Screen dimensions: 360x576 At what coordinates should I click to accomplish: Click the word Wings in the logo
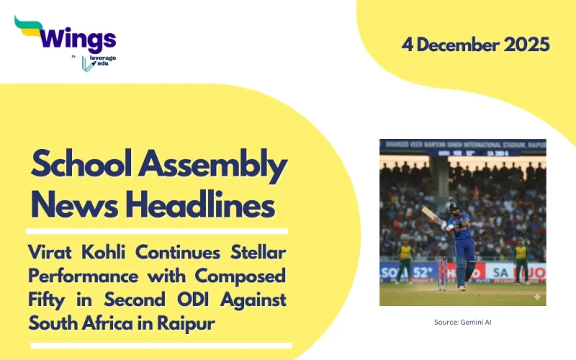click(x=77, y=38)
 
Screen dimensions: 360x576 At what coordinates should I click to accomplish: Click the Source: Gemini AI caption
click(x=462, y=322)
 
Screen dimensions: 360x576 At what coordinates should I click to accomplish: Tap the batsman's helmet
click(x=454, y=208)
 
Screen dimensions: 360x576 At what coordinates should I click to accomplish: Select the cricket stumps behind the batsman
click(x=442, y=273)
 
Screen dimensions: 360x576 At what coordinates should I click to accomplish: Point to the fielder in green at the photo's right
click(x=520, y=259)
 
